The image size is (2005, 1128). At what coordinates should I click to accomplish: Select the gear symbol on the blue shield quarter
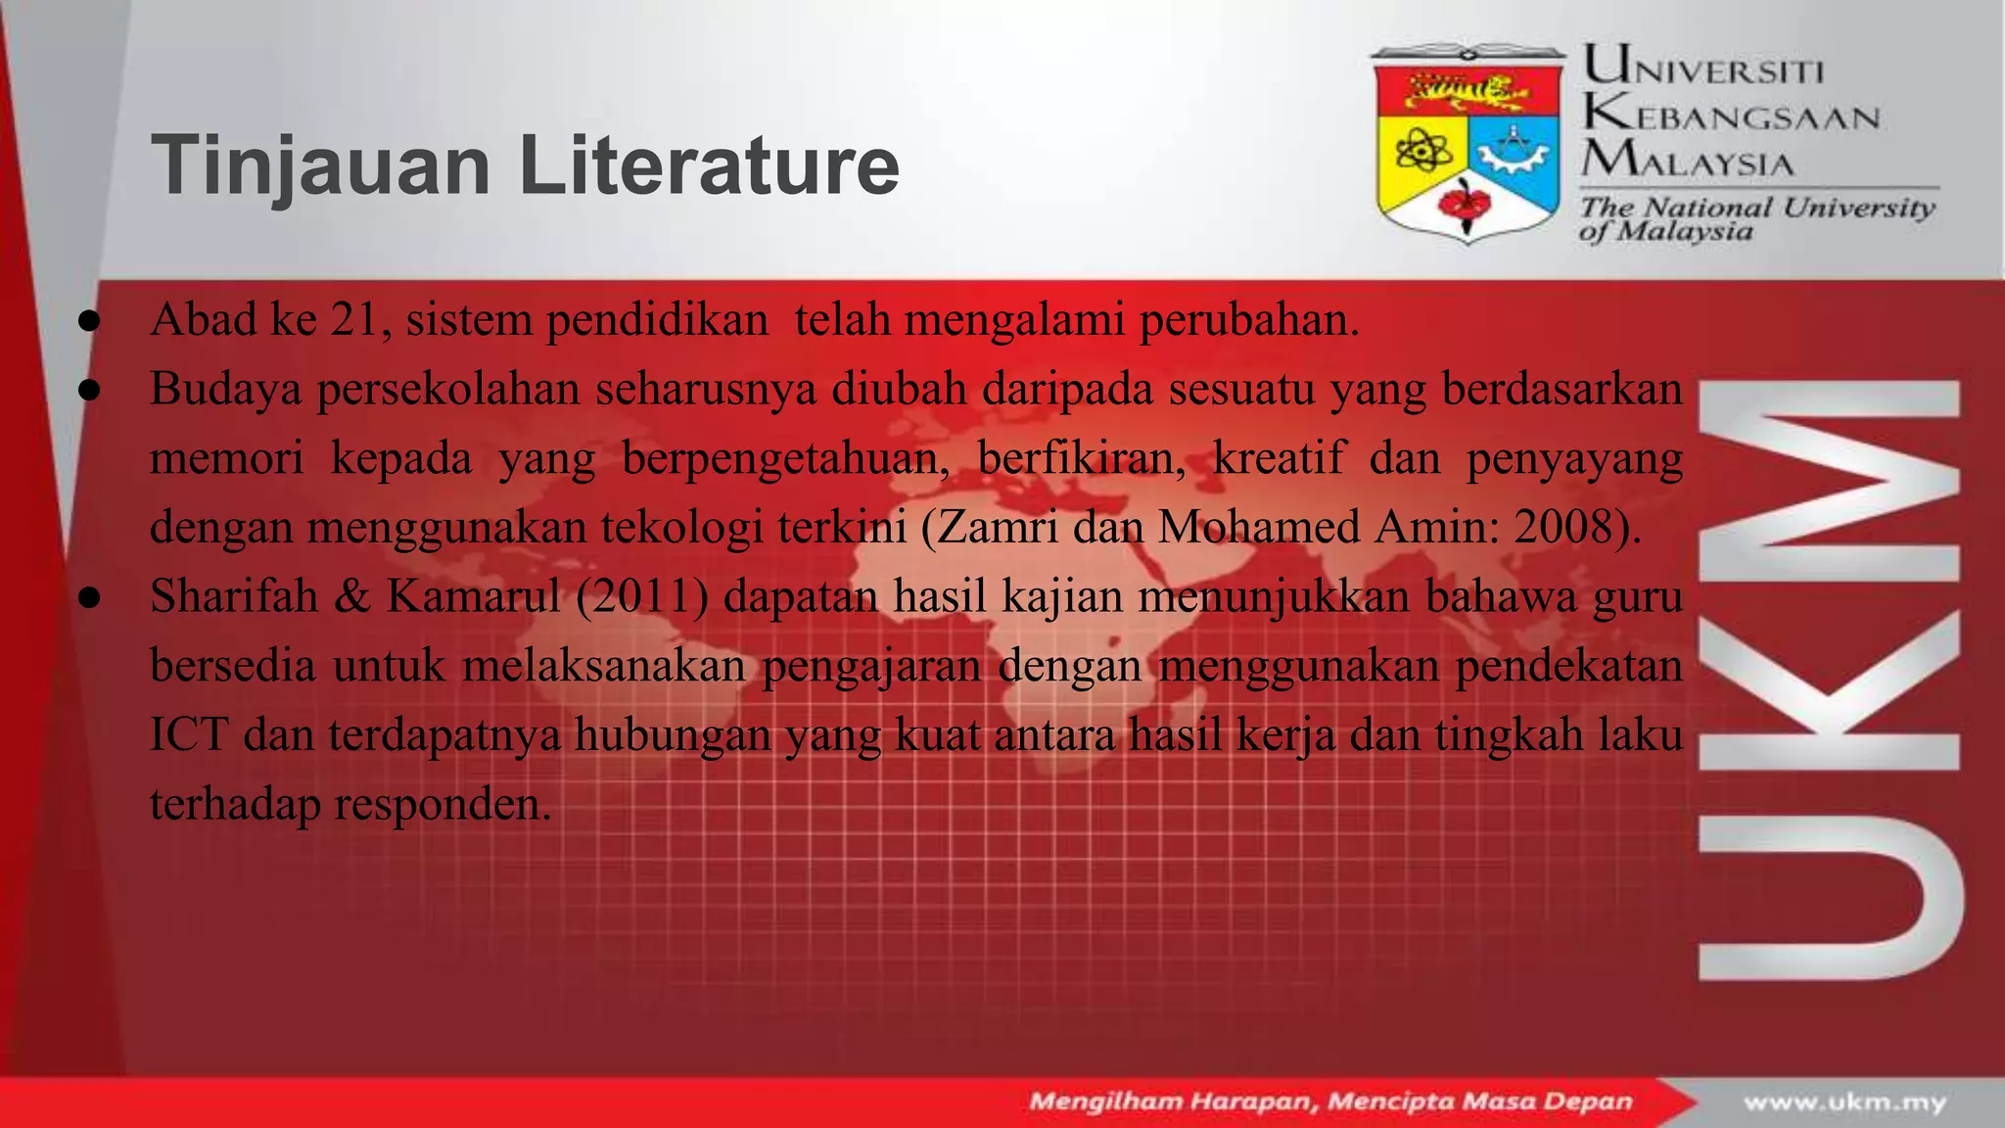[x=1513, y=152]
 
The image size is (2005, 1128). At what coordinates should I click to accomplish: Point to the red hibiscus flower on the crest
[x=1467, y=203]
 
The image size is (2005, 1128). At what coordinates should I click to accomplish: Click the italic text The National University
[x=1757, y=207]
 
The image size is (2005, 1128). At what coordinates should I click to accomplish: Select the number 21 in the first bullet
[x=353, y=320]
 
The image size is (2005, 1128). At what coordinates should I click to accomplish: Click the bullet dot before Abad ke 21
[x=89, y=320]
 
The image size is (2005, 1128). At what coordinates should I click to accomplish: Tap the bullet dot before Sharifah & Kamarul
[x=89, y=596]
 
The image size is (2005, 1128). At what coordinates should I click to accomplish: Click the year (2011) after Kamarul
[x=642, y=596]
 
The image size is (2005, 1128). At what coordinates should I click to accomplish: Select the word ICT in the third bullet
[x=189, y=734]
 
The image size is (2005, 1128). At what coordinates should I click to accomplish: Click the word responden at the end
[x=443, y=804]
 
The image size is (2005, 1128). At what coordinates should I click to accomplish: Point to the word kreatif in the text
[x=1279, y=457]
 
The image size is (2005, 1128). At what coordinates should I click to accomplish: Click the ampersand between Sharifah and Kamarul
[x=351, y=596]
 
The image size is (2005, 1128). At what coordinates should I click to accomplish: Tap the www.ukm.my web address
[x=1844, y=1103]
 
